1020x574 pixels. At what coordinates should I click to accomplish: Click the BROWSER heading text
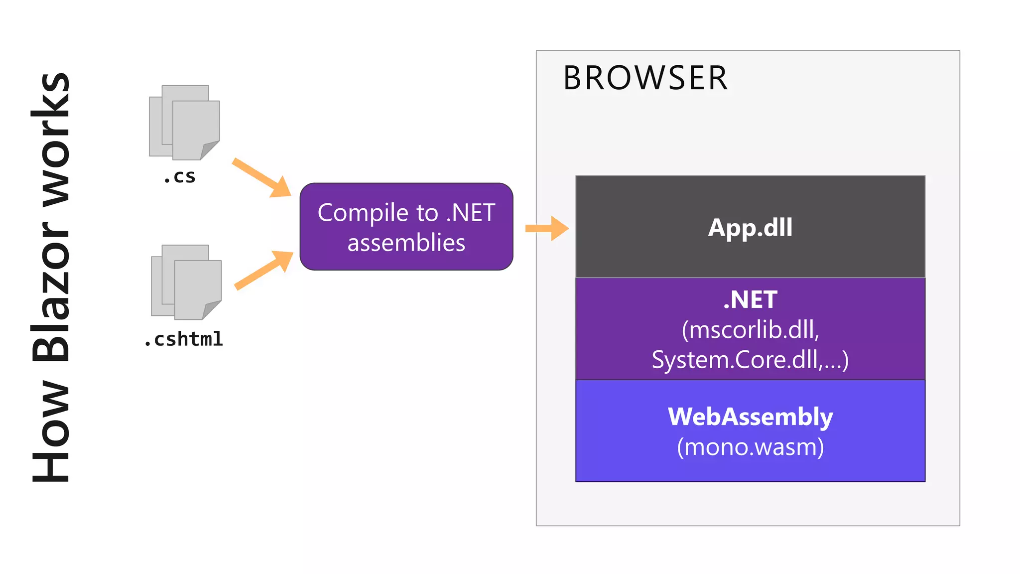(x=645, y=78)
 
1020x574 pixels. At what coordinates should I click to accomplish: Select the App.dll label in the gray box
(x=750, y=228)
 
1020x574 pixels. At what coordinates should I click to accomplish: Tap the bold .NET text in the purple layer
(x=750, y=300)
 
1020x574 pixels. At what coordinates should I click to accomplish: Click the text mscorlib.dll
(x=751, y=330)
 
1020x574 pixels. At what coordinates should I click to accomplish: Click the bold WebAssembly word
(x=750, y=417)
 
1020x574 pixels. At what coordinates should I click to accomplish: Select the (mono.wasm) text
(x=750, y=447)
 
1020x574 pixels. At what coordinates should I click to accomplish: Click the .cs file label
(x=180, y=177)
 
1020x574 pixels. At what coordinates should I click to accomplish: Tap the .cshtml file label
(x=184, y=339)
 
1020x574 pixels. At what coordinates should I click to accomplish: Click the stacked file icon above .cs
(x=184, y=122)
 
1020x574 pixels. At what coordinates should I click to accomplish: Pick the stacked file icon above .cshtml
(x=186, y=282)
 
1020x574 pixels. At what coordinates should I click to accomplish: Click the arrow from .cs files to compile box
(x=261, y=177)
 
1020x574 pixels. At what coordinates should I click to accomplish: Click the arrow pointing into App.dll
(x=547, y=228)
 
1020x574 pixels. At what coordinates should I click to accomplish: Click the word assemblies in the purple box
(x=406, y=243)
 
